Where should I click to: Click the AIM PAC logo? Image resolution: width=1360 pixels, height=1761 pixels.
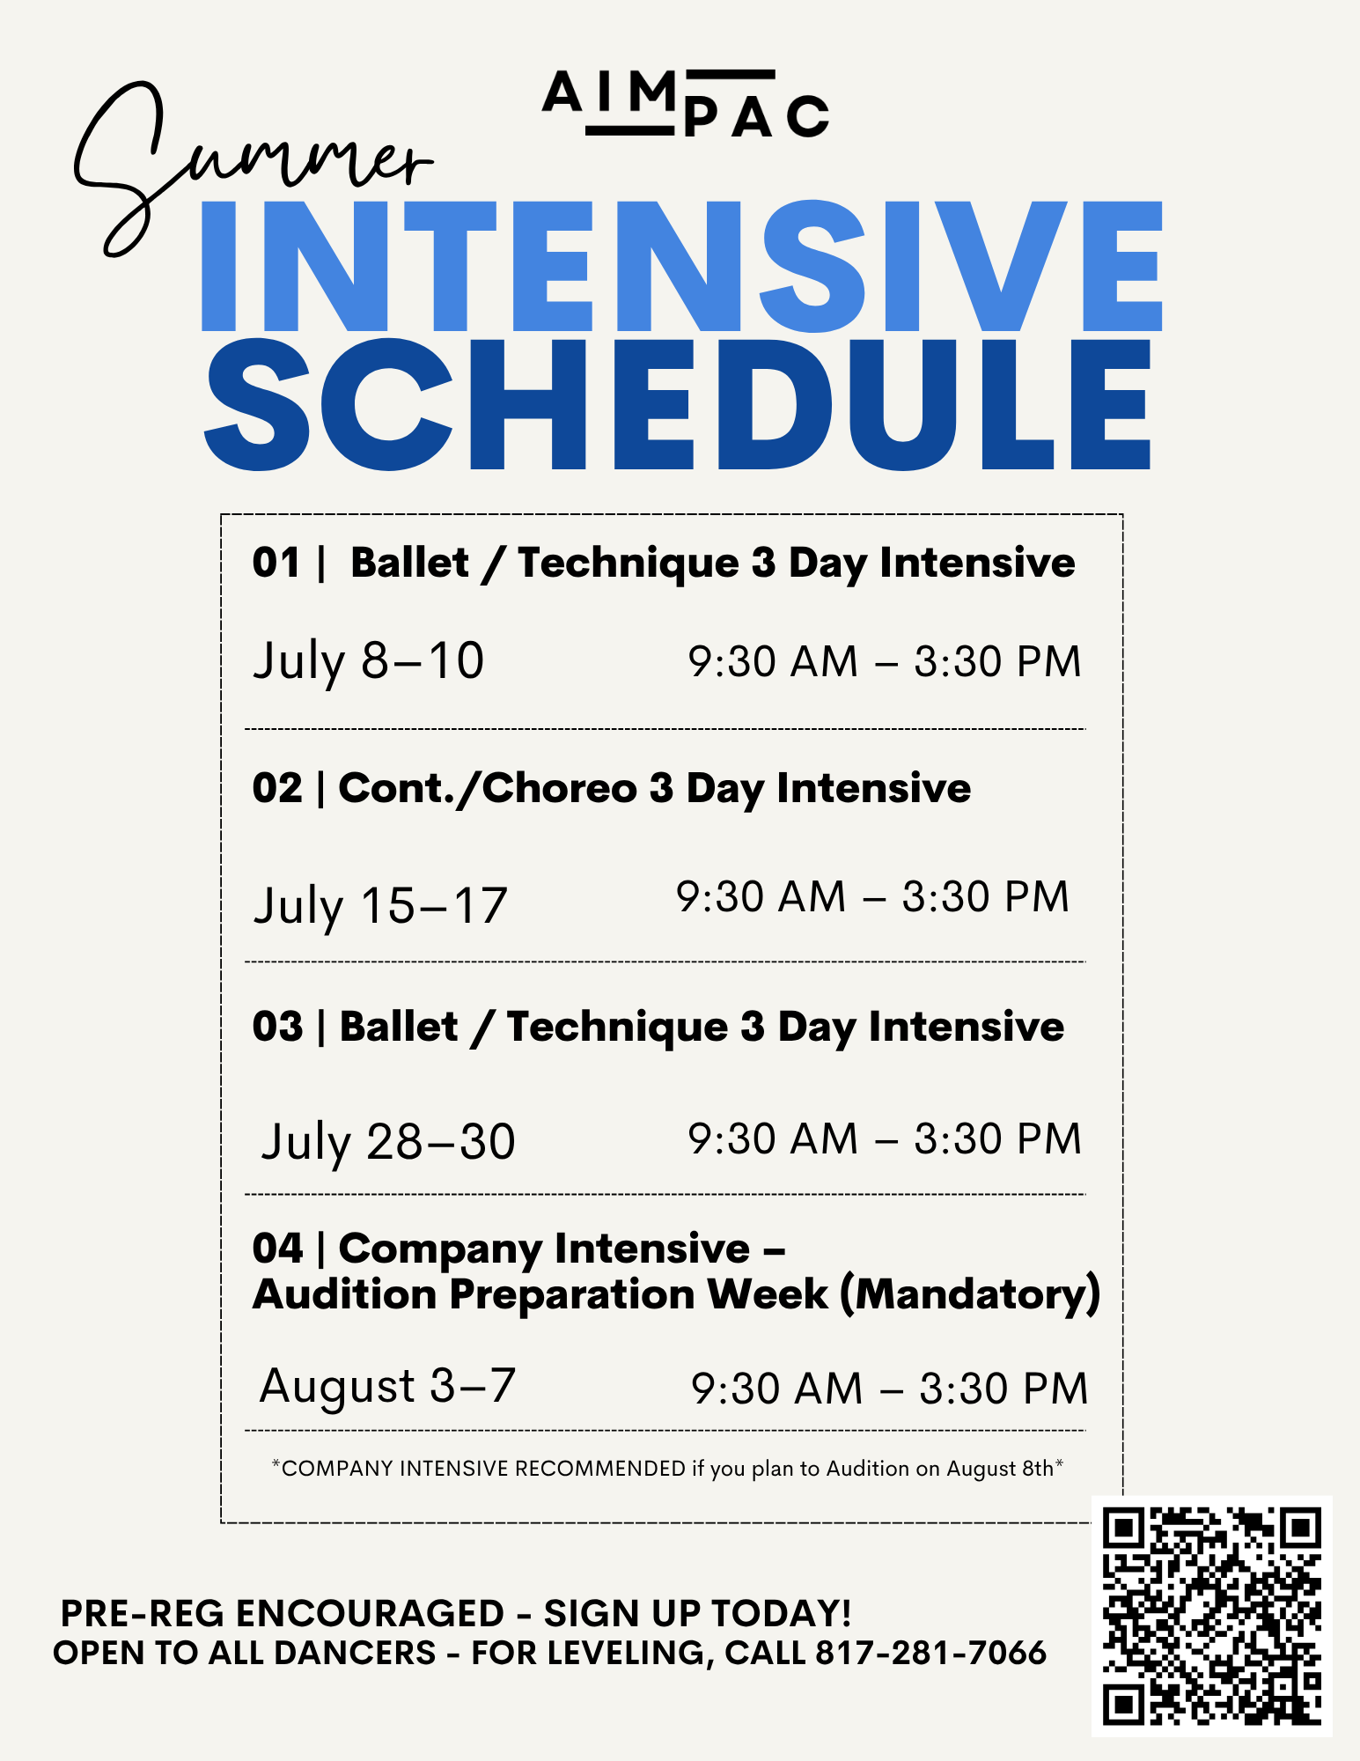(685, 104)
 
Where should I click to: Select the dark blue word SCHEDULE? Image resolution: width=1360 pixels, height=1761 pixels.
(678, 404)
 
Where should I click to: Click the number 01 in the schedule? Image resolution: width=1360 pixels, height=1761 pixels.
(276, 563)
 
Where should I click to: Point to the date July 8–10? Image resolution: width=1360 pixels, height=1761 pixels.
(369, 662)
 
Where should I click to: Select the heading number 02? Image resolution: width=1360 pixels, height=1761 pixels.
(277, 788)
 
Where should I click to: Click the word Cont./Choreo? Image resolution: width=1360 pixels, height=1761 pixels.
(488, 788)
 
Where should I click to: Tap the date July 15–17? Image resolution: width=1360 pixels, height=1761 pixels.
(380, 906)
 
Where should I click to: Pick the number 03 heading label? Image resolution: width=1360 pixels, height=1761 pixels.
(277, 1027)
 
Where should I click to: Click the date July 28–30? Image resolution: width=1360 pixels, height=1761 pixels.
(388, 1142)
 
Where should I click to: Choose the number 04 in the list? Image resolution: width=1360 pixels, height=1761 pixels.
(277, 1249)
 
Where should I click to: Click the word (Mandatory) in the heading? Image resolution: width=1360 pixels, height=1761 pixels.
(970, 1295)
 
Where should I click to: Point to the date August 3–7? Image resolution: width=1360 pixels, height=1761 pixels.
(387, 1387)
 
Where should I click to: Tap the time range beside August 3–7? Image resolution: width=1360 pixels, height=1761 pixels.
(890, 1389)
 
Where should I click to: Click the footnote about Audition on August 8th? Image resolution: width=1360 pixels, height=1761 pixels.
(667, 1468)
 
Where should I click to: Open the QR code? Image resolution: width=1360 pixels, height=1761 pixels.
(1212, 1616)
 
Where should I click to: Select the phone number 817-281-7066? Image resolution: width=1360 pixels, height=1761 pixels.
(931, 1653)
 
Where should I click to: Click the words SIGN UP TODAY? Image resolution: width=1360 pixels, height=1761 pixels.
(697, 1613)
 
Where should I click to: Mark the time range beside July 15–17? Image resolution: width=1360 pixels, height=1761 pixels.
(872, 896)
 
